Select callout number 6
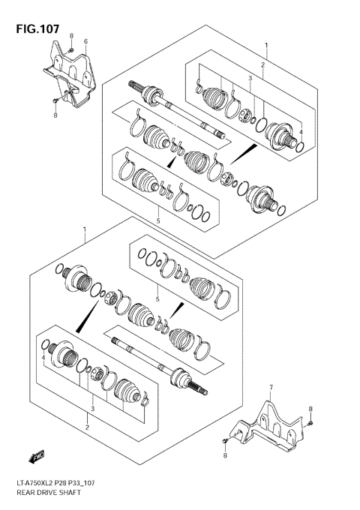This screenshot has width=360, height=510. [x=85, y=40]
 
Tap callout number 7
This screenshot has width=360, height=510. [x=271, y=388]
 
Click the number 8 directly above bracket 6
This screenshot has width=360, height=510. [x=71, y=36]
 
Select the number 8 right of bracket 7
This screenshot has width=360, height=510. [x=310, y=409]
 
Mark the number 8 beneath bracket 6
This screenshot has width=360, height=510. [x=55, y=115]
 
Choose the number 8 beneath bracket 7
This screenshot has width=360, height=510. [x=224, y=456]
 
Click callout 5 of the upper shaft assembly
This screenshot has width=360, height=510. [x=158, y=220]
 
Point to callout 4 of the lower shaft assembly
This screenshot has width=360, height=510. [x=43, y=358]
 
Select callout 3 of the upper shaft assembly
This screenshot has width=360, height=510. [x=250, y=79]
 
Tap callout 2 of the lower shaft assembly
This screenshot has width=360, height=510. [x=86, y=427]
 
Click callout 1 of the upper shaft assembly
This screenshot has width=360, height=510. [x=265, y=45]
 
